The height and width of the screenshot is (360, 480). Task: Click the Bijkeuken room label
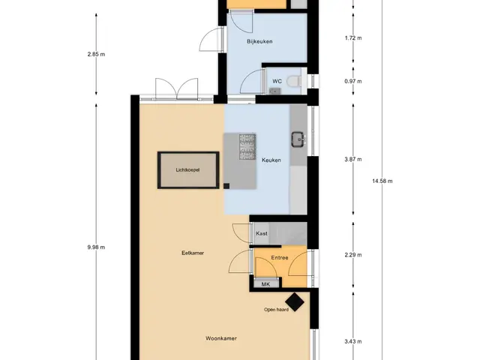(259, 41)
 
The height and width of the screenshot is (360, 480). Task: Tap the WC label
(277, 81)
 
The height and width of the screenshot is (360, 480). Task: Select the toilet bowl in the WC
(294, 82)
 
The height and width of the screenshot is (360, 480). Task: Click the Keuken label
(271, 160)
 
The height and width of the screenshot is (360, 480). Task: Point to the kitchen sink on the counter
(298, 139)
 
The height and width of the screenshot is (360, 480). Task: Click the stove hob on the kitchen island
(247, 147)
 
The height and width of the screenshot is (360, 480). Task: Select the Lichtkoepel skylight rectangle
(188, 170)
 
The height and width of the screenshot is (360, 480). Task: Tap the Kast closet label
(262, 233)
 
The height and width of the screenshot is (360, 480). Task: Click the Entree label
(280, 258)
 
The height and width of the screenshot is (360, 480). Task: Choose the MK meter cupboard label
(265, 284)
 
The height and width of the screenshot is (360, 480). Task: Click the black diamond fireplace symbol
(295, 301)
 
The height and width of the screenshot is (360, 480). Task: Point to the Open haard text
(276, 310)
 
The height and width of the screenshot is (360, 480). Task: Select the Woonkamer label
(221, 338)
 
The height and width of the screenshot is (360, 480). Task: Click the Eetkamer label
(193, 253)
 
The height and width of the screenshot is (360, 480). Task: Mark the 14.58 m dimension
(382, 181)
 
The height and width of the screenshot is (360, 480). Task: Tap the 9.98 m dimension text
(96, 247)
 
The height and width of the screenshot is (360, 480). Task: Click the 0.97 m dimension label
(353, 81)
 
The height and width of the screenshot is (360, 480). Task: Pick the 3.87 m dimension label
(353, 159)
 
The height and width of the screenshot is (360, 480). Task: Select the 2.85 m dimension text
(96, 54)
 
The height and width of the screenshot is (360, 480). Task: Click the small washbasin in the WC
(275, 91)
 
